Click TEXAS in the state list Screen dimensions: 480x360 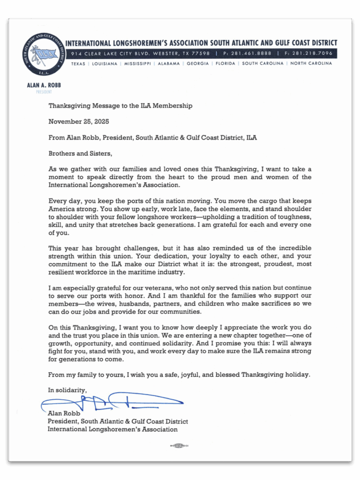tap(78, 64)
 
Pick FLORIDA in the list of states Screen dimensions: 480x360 tap(225, 64)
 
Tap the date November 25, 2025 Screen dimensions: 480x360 tap(79, 121)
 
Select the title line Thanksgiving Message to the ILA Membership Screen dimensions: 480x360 tap(120, 106)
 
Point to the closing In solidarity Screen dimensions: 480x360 tap(67, 390)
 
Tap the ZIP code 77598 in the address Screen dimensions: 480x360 tap(200, 53)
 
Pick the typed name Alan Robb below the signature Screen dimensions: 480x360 tap(64, 414)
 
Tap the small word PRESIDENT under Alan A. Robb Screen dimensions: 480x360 tap(44, 92)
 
